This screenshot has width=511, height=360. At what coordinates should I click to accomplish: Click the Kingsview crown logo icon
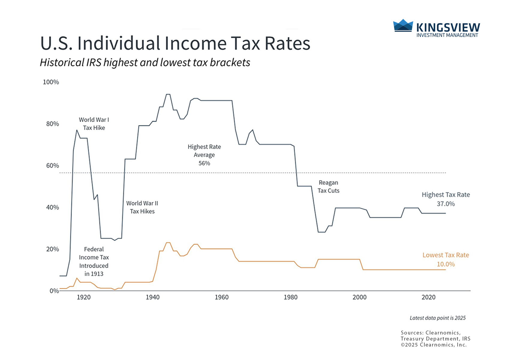click(x=403, y=25)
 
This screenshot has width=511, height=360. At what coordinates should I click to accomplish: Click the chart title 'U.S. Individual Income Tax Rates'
click(x=175, y=43)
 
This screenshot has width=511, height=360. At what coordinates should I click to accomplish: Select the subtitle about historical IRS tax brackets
click(x=145, y=62)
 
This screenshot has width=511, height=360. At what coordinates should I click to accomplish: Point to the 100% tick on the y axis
click(x=51, y=82)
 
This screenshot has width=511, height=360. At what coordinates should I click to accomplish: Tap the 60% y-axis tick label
click(x=52, y=166)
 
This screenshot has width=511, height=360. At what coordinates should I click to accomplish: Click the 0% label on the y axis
click(x=54, y=291)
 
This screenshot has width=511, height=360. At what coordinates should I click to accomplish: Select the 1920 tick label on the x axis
click(x=84, y=297)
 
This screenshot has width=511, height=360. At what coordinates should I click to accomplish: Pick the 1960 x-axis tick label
click(x=222, y=297)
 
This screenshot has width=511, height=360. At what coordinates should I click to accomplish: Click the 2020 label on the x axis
click(x=429, y=297)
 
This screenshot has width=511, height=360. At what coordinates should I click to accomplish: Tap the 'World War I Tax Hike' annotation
click(x=94, y=124)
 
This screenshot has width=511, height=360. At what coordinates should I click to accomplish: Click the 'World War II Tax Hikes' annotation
click(x=142, y=207)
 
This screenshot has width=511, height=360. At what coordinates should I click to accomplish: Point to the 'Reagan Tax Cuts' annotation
click(x=328, y=187)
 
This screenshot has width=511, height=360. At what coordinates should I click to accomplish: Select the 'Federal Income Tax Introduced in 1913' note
click(x=94, y=261)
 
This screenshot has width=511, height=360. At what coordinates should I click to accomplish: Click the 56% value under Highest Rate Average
click(x=204, y=163)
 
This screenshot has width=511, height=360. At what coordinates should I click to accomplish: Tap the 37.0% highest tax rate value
click(x=446, y=204)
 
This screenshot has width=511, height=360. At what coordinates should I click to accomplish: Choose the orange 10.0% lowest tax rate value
click(x=446, y=264)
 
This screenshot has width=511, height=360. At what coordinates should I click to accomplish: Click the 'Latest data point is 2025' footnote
click(x=438, y=318)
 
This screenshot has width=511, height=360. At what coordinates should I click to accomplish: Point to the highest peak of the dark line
click(x=168, y=94)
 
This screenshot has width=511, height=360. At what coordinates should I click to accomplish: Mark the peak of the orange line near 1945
click(x=168, y=242)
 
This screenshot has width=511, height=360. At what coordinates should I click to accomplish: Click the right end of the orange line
click(x=446, y=270)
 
